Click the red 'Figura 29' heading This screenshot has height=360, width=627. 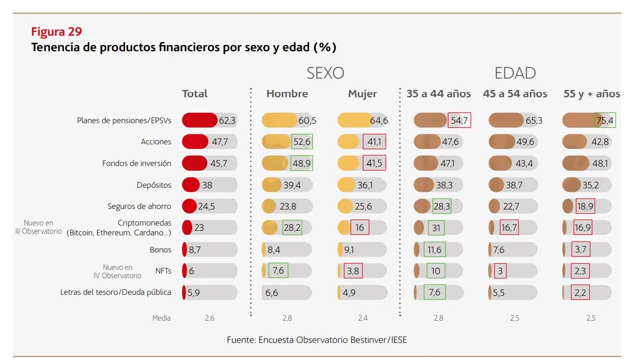(56, 32)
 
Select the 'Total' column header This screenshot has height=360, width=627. (195, 94)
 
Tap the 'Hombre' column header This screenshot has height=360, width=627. (287, 94)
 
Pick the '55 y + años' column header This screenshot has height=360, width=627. (591, 94)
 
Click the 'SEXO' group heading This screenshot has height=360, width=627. (325, 73)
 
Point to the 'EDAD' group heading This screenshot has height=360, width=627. (515, 73)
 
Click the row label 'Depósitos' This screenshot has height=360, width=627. (154, 185)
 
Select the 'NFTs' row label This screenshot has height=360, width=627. (163, 271)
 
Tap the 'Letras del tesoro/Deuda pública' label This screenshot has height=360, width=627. (116, 292)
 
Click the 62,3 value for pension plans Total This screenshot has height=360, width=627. (227, 121)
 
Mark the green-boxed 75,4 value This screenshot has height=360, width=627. (605, 121)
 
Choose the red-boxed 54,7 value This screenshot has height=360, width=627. (459, 121)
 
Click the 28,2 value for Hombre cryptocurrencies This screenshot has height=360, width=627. (292, 228)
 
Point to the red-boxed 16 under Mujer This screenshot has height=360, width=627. (359, 228)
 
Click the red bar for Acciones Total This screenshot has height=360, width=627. (195, 142)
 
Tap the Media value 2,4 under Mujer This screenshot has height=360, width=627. (362, 318)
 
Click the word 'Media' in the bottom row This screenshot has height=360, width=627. (161, 318)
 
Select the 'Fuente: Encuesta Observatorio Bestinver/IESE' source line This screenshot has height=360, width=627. (317, 340)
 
